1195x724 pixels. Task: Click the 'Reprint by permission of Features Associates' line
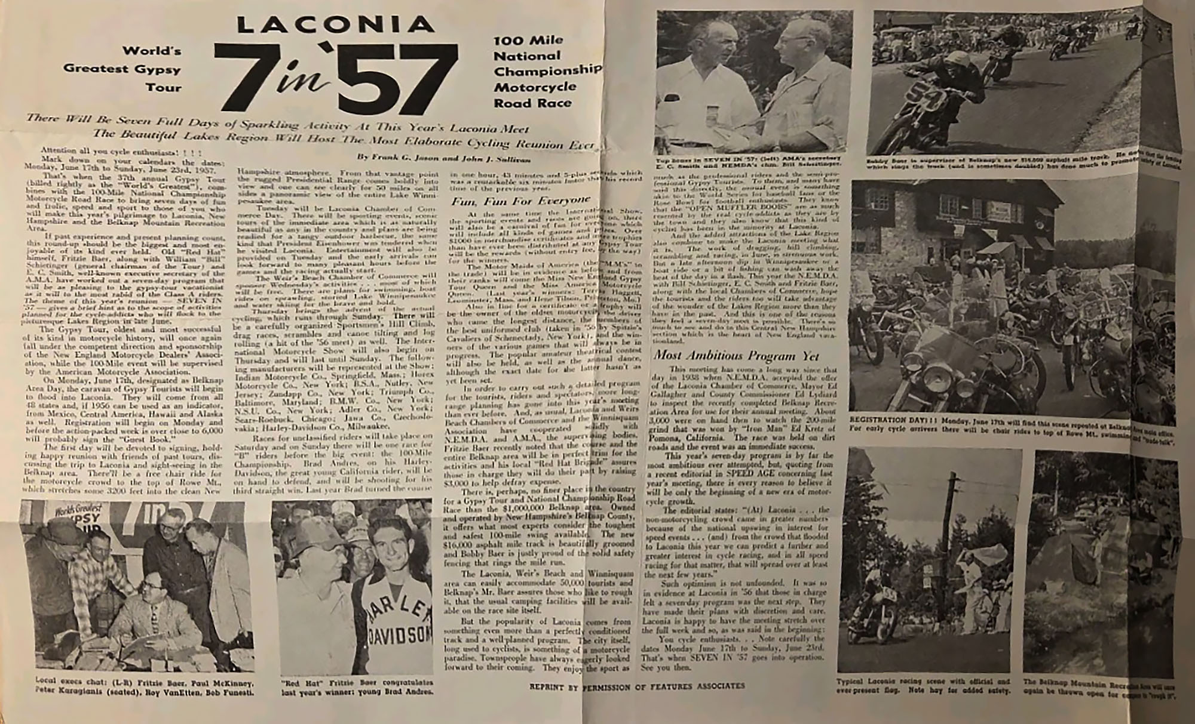click(x=636, y=686)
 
